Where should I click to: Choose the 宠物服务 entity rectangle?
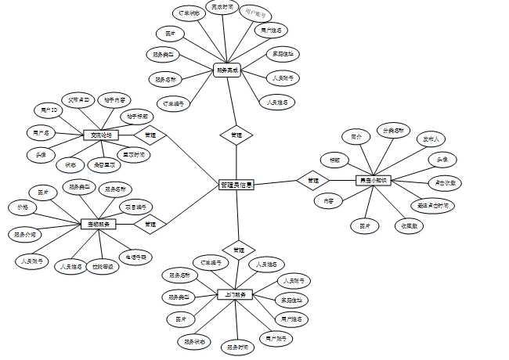coord(98,224)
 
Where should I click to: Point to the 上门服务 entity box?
coord(234,294)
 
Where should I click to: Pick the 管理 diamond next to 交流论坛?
coord(150,135)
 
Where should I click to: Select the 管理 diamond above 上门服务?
coord(238,250)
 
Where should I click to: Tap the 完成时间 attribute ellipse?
coord(222,7)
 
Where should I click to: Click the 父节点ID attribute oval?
coord(80,100)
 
